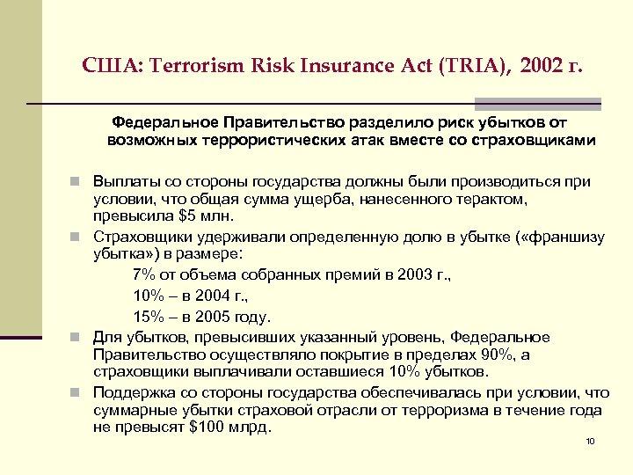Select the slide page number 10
pos(590,442)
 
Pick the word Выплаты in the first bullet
pos(127,182)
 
